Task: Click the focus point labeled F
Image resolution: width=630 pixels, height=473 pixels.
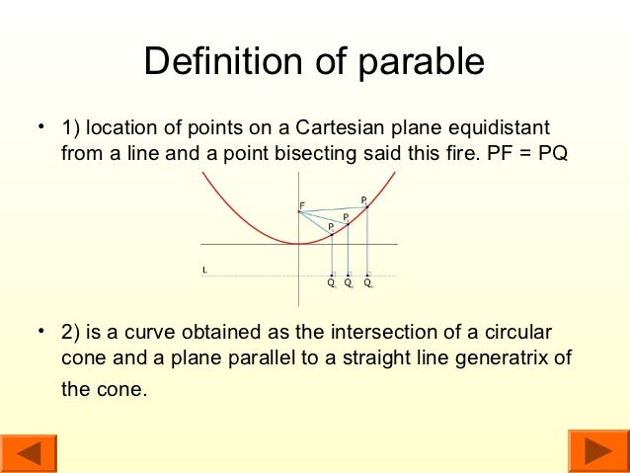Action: tap(299, 210)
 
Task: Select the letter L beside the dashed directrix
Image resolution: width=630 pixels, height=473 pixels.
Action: tap(203, 269)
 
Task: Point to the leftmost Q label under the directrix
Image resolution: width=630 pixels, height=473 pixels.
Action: tap(332, 281)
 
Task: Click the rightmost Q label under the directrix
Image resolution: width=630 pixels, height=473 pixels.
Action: tap(367, 281)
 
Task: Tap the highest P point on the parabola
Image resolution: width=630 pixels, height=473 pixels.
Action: tap(366, 205)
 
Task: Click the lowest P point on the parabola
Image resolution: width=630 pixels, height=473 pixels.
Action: tap(332, 233)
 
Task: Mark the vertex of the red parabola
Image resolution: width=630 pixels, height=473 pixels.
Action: tap(298, 244)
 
